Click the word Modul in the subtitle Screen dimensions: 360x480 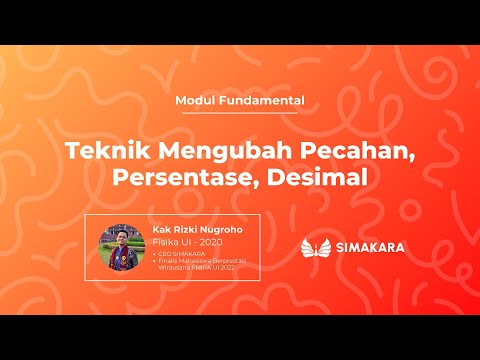coord(193,100)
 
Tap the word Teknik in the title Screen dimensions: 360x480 coord(103,152)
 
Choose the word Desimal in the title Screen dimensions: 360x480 coord(322,179)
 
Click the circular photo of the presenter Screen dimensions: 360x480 coord(121,245)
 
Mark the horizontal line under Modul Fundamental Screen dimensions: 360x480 coord(240,112)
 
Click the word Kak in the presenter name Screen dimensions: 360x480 coord(160,228)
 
